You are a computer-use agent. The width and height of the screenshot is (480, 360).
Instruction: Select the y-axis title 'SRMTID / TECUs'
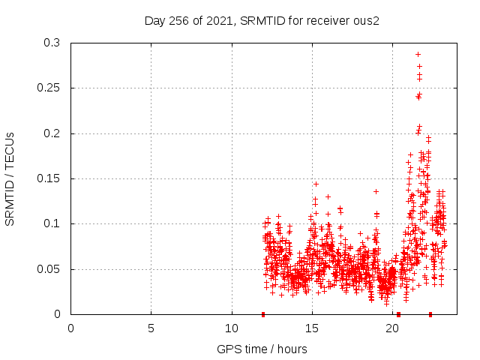click(x=10, y=178)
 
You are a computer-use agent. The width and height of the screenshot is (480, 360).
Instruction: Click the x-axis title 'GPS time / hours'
click(x=262, y=349)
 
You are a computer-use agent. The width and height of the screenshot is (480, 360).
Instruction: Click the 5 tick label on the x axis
click(x=151, y=327)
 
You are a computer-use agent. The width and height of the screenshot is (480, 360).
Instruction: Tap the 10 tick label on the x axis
click(x=232, y=327)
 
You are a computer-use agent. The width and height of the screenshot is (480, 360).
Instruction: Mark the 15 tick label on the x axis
click(x=312, y=327)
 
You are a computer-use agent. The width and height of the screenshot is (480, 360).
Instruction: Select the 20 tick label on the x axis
click(x=392, y=327)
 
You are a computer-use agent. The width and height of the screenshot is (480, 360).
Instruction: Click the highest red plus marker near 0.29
click(x=418, y=54)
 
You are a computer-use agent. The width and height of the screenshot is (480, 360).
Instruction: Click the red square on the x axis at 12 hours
click(x=263, y=314)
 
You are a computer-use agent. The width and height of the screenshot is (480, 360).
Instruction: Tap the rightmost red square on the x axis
click(x=430, y=314)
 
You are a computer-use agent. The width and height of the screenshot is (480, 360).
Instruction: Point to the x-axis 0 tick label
click(x=70, y=327)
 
